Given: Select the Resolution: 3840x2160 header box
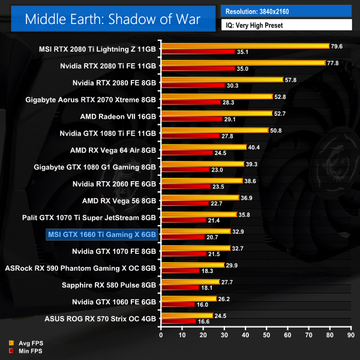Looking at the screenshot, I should (x=286, y=11).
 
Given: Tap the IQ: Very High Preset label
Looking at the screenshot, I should (x=286, y=25).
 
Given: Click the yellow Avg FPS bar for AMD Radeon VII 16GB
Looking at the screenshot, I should (x=216, y=113).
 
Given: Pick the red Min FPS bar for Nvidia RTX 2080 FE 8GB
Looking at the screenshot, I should (x=193, y=85).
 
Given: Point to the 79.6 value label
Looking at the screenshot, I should (x=337, y=46).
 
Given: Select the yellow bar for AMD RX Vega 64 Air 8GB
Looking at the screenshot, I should (x=203, y=146).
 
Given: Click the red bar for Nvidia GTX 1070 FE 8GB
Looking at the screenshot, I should (x=183, y=254).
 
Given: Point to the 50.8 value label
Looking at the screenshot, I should (x=277, y=130).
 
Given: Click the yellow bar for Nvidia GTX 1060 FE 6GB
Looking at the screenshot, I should (x=188, y=298).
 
